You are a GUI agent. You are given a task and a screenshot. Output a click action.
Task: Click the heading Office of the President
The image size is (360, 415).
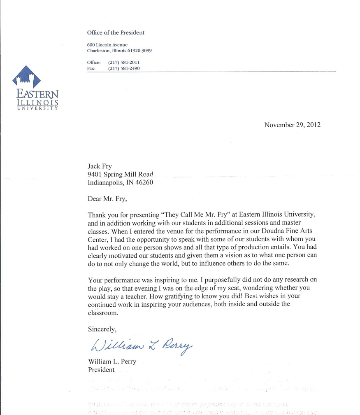tap(116, 33)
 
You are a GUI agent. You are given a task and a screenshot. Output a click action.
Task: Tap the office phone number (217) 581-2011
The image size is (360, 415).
tap(124, 63)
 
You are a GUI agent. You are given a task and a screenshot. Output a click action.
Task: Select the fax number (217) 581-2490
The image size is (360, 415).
tap(124, 69)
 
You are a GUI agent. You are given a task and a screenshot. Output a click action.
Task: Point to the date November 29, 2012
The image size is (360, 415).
tap(292, 125)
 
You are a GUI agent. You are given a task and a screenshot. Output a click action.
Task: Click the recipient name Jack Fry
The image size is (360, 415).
tap(100, 166)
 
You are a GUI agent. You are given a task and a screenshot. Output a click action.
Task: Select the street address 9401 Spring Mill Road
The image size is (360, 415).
tap(120, 174)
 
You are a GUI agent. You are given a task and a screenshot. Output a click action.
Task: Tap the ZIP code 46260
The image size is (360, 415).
tap(144, 182)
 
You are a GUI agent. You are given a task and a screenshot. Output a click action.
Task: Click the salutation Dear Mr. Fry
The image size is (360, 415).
tap(107, 199)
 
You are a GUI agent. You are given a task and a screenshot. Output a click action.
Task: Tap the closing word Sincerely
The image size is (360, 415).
tap(102, 329)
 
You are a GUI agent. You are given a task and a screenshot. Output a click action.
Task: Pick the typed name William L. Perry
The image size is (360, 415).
tap(112, 362)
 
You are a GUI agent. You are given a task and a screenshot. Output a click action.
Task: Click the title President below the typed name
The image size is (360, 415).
tap(101, 370)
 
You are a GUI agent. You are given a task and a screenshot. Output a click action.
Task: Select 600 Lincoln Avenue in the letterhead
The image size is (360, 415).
tap(107, 44)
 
